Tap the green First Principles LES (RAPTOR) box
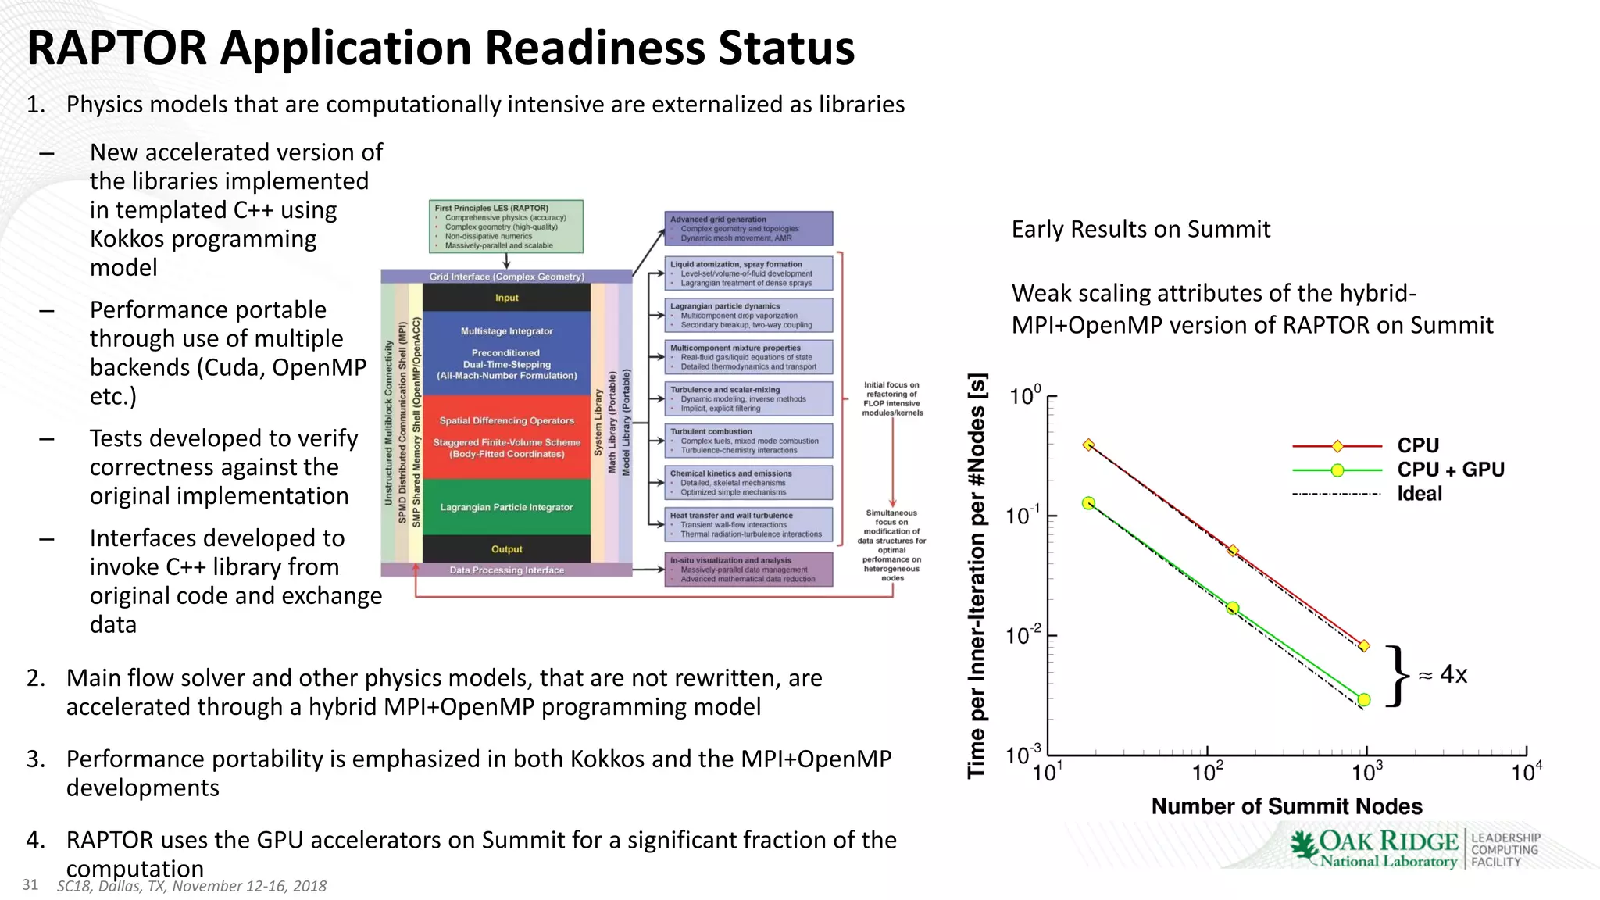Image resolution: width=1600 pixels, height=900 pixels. [506, 227]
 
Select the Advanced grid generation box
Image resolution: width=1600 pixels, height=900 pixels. [748, 228]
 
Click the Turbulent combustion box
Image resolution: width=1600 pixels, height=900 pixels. [748, 441]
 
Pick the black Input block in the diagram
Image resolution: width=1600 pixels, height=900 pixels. [506, 298]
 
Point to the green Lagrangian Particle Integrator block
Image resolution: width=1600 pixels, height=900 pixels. [506, 507]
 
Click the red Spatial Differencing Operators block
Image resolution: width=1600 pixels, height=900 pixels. [506, 437]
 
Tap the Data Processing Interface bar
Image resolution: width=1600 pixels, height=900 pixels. [506, 570]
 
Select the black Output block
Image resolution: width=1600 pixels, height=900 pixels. [506, 549]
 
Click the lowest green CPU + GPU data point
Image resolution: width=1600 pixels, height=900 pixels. [1364, 700]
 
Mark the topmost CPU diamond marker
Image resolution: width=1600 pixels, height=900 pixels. [1088, 445]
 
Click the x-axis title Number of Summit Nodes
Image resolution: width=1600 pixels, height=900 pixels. [1286, 806]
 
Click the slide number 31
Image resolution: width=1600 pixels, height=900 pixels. [30, 884]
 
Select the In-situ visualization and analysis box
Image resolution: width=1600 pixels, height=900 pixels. [748, 570]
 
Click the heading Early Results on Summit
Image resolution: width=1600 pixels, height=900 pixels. [1141, 229]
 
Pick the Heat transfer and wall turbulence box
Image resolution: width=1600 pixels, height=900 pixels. [748, 525]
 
